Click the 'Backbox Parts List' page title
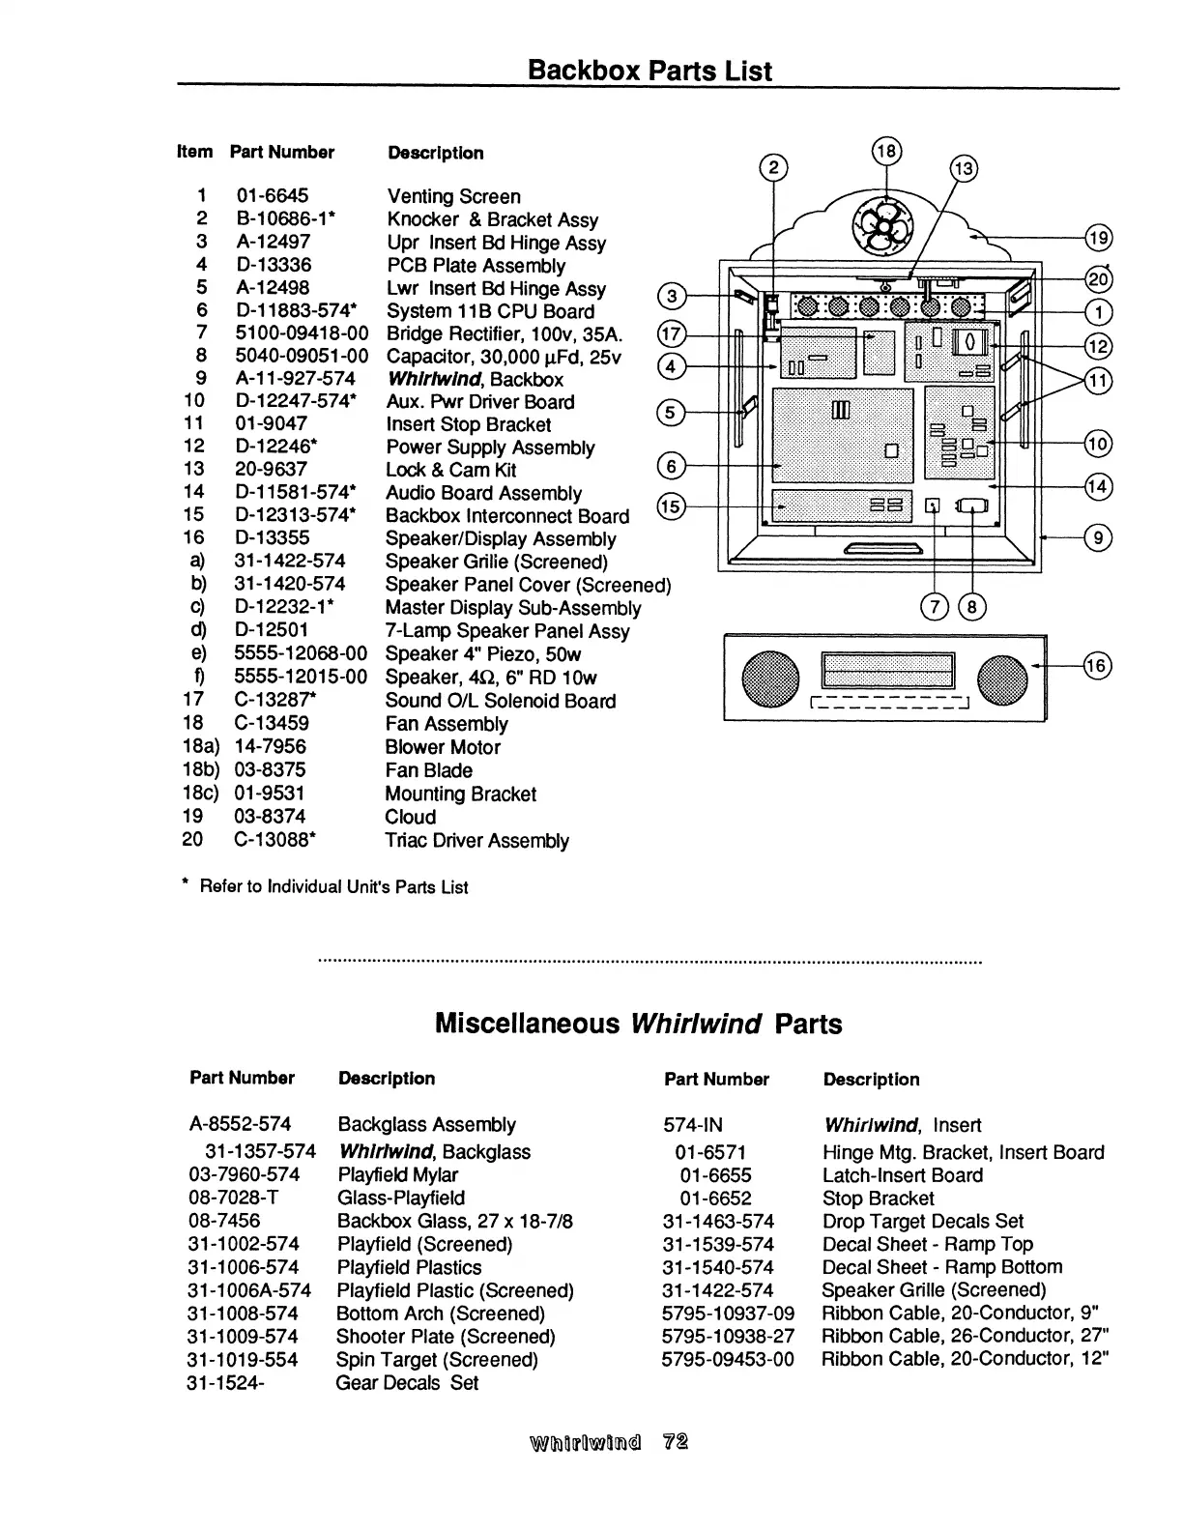(649, 71)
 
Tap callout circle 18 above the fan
(886, 151)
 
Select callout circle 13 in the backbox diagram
(964, 169)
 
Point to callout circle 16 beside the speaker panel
(1097, 665)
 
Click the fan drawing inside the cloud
(880, 225)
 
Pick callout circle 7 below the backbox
(935, 606)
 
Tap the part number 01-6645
(272, 196)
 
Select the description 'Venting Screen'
(453, 197)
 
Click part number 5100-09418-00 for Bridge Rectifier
(301, 334)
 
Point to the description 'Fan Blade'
(428, 770)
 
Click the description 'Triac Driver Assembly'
(476, 841)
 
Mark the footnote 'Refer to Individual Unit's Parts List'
(332, 887)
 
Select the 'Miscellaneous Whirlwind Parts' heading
(638, 1024)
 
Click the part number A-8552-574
(240, 1124)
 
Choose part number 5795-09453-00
(728, 1360)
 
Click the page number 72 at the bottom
(676, 1442)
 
